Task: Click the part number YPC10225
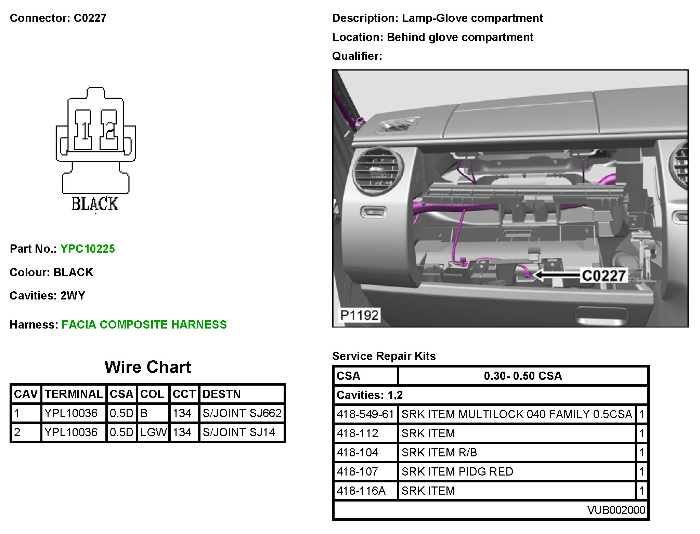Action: coord(88,249)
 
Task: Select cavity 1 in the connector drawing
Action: coord(83,130)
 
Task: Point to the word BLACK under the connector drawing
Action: coord(94,204)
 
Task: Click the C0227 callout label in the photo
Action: coord(604,276)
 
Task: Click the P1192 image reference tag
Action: coord(359,315)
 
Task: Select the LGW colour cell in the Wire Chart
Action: coord(153,432)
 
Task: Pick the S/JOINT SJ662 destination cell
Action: coord(242,413)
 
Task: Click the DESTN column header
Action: coord(222,394)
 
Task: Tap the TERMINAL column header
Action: coord(74,394)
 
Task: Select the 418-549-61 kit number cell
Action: coord(365,414)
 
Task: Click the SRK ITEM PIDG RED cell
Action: coord(457,471)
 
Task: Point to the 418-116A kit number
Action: coord(361,491)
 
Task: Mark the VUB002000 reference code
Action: coord(616,510)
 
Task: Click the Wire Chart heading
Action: coord(148,367)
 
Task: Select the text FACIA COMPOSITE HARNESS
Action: coord(144,324)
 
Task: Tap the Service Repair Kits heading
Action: coord(384,356)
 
